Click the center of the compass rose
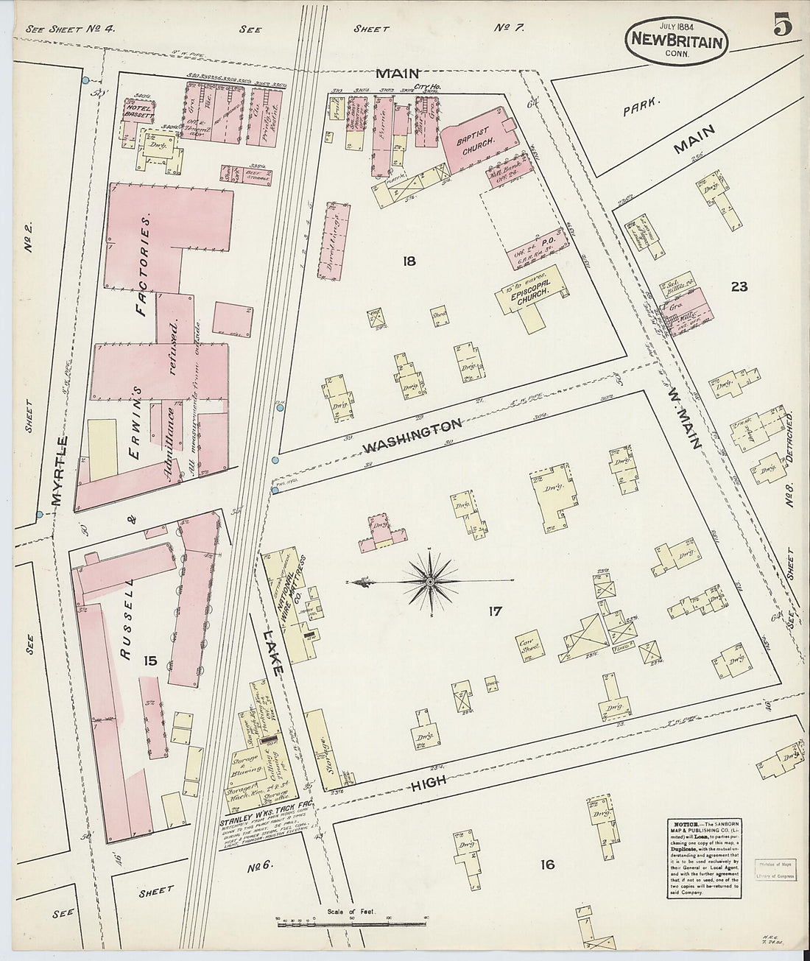pyautogui.click(x=430, y=582)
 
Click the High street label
pyautogui.click(x=429, y=784)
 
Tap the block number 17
pyautogui.click(x=494, y=610)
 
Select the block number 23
pyautogui.click(x=739, y=286)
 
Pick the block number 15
pyautogui.click(x=150, y=661)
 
